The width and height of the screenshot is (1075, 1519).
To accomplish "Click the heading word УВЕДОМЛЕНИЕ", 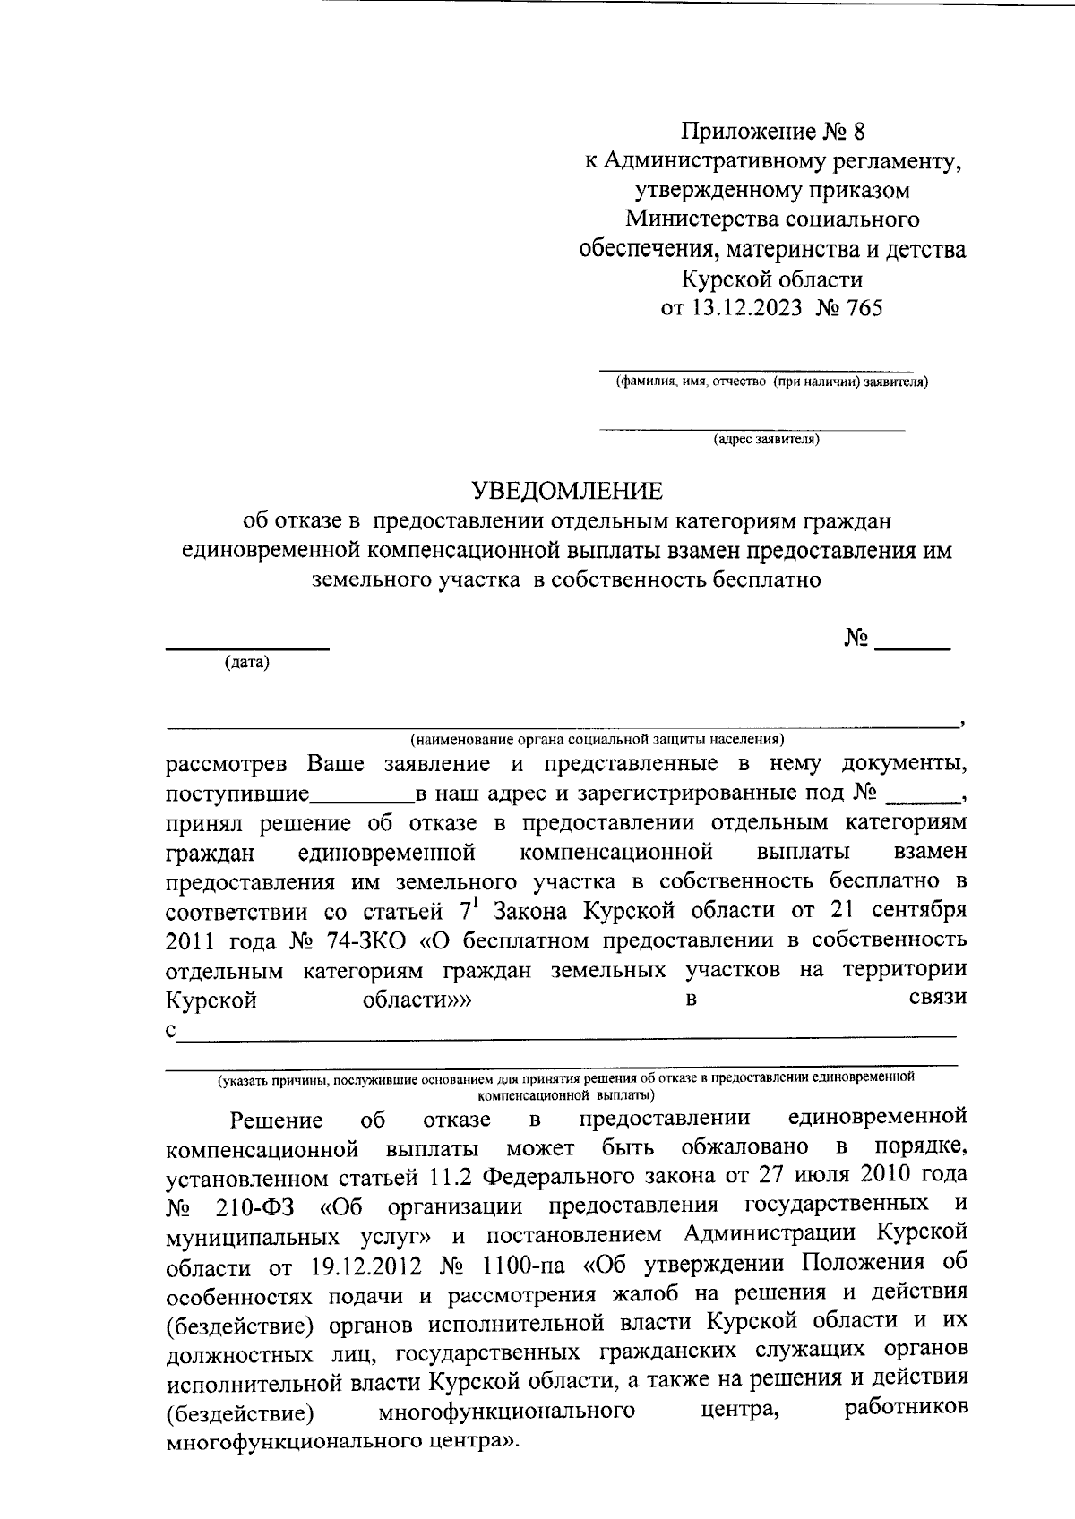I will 568,491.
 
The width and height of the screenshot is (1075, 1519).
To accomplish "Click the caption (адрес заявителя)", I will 765,440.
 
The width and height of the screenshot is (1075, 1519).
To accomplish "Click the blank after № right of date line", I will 911,645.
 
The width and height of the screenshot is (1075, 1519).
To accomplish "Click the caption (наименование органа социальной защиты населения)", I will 597,740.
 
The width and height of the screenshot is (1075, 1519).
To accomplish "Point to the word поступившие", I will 237,794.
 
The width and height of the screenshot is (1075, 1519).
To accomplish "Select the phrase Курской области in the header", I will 772,279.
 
